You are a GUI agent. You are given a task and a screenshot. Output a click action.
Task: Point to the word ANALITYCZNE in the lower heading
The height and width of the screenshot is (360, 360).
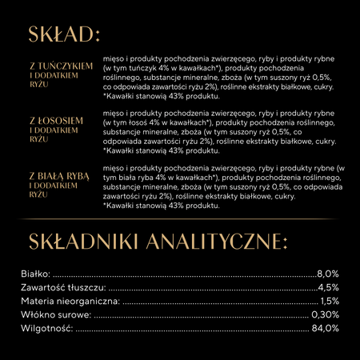(x=218, y=241)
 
